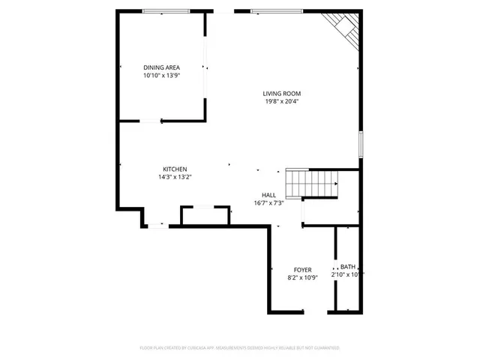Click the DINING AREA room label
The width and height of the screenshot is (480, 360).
click(x=161, y=67)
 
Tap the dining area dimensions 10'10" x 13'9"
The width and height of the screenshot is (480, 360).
click(x=161, y=76)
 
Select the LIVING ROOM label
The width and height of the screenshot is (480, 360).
click(x=281, y=94)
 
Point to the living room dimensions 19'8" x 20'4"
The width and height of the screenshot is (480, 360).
click(x=281, y=102)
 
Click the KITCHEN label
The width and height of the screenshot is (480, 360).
click(x=175, y=169)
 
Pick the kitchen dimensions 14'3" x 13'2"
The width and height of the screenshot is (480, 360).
click(x=175, y=178)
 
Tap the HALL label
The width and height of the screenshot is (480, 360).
click(x=268, y=194)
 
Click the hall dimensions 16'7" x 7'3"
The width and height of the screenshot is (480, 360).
click(x=268, y=202)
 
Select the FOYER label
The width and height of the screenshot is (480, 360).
click(x=302, y=269)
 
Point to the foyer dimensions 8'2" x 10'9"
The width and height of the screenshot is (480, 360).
click(x=302, y=277)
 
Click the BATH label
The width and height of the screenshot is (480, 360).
click(x=348, y=266)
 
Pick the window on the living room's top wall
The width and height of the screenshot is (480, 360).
click(x=277, y=11)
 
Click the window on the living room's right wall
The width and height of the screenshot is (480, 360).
click(x=361, y=143)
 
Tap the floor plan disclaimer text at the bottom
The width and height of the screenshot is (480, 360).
click(x=239, y=348)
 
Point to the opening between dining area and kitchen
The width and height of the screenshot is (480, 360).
click(x=150, y=120)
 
